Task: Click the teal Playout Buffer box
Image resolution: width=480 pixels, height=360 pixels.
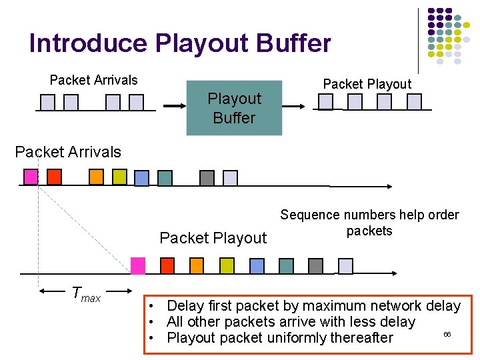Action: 234,108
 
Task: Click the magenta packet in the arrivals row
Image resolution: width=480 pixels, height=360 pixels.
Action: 31,177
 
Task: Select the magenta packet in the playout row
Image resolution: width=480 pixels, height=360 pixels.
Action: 138,265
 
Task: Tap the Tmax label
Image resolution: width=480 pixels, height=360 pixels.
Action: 85,293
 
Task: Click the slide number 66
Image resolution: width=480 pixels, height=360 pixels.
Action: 447,333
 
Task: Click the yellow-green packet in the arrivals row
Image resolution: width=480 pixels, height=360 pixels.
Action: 119,177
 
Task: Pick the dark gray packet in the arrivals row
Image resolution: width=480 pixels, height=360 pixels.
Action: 207,178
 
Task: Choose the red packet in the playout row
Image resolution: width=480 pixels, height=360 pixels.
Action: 167,266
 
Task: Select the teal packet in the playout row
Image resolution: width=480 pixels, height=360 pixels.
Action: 286,266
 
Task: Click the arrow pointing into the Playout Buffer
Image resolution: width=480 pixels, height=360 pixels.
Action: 175,105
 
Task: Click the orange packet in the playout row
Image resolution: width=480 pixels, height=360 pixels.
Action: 197,266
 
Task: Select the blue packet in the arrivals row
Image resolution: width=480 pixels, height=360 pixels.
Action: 141,178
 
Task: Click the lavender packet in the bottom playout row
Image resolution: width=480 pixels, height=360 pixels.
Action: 345,266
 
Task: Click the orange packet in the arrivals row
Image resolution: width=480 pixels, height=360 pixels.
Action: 97,177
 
